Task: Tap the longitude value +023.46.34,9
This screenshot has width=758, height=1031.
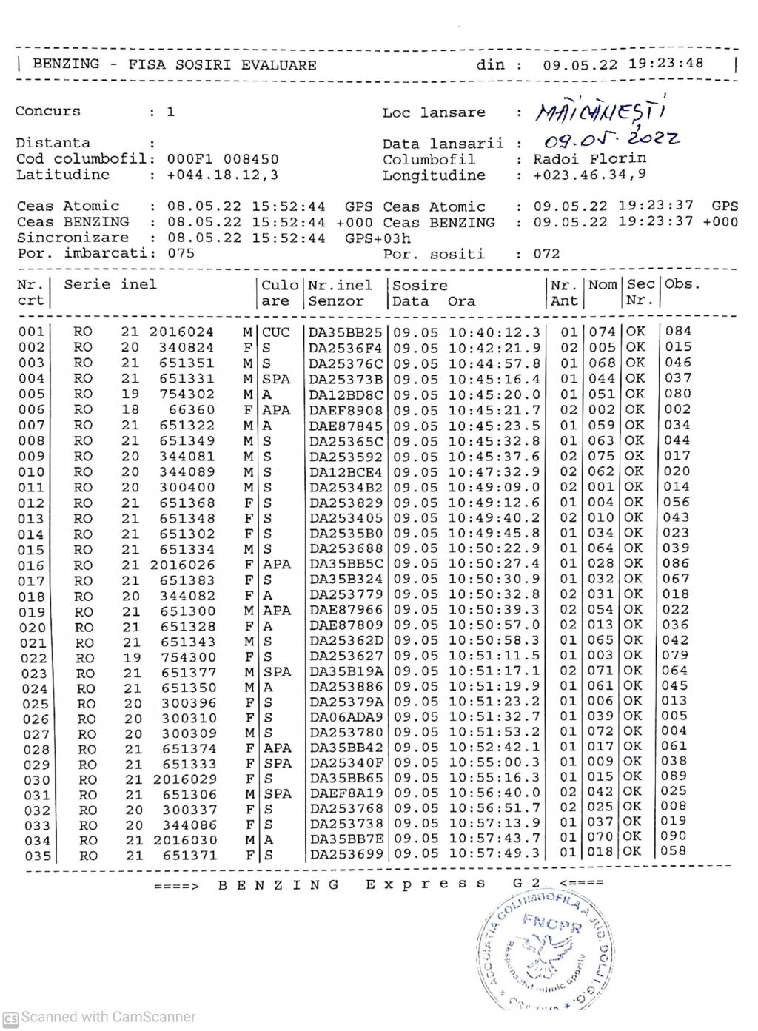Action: [x=589, y=176]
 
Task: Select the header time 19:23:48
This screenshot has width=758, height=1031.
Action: [x=665, y=64]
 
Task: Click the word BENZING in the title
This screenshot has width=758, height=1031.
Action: [x=66, y=64]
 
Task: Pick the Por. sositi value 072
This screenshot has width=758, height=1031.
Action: [x=547, y=254]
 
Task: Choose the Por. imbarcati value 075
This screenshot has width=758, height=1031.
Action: [x=181, y=253]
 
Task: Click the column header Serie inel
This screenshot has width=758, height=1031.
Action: [x=110, y=285]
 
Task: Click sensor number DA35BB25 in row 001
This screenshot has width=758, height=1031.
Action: [x=346, y=332]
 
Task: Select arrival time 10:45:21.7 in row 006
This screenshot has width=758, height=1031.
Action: [x=494, y=410]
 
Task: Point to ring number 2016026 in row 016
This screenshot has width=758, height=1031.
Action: [x=181, y=564]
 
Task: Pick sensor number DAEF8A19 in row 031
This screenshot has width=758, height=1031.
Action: [x=346, y=793]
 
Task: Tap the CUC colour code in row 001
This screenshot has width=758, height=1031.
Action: [x=275, y=332]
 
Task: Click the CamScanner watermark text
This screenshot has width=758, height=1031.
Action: [x=108, y=1018]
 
